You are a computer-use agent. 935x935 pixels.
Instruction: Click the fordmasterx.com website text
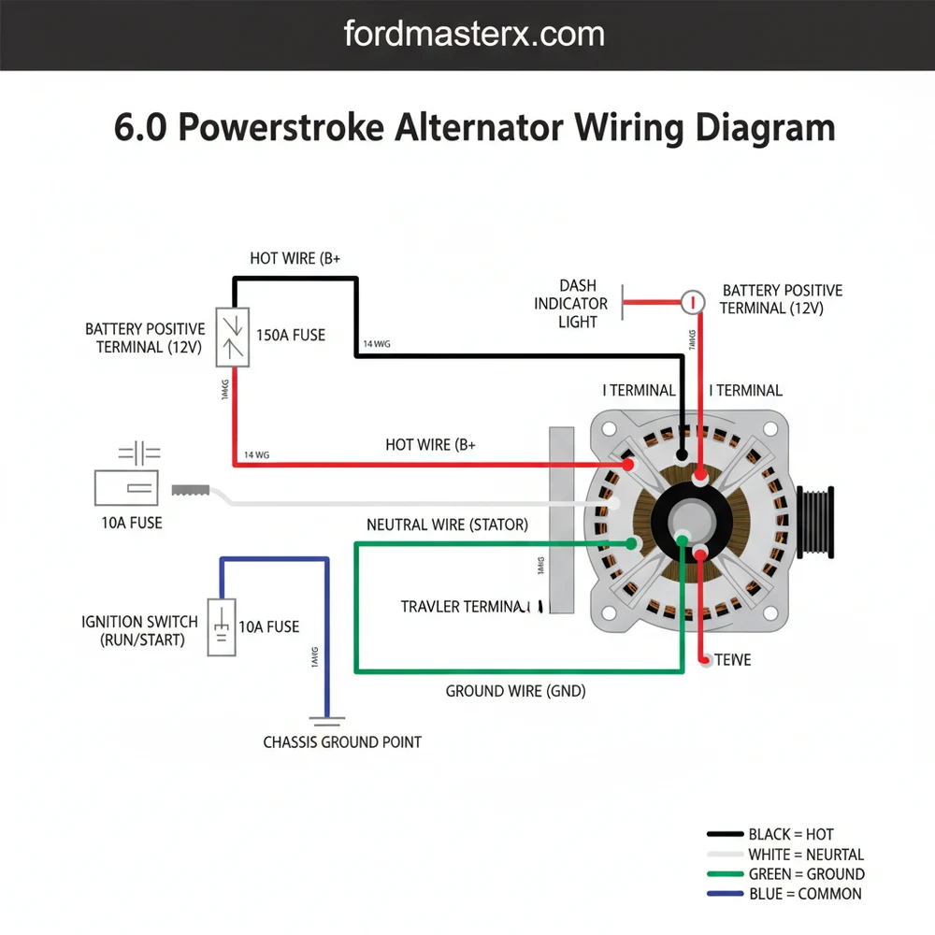point(474,35)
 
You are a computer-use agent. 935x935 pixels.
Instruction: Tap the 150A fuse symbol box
point(232,337)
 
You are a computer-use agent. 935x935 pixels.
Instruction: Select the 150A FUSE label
point(290,335)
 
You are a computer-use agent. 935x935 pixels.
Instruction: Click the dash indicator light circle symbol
point(692,302)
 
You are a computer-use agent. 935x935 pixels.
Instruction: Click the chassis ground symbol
point(327,721)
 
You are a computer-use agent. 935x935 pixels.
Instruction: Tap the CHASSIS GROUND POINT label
point(342,742)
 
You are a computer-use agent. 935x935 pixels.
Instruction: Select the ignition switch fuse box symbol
point(221,626)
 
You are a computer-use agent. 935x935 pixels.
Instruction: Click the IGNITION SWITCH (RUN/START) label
point(140,631)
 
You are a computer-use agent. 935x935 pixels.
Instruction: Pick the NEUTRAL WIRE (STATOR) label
point(447,525)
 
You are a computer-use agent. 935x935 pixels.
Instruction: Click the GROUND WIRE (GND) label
point(515,692)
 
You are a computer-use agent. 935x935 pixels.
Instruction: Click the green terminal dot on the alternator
point(633,542)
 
